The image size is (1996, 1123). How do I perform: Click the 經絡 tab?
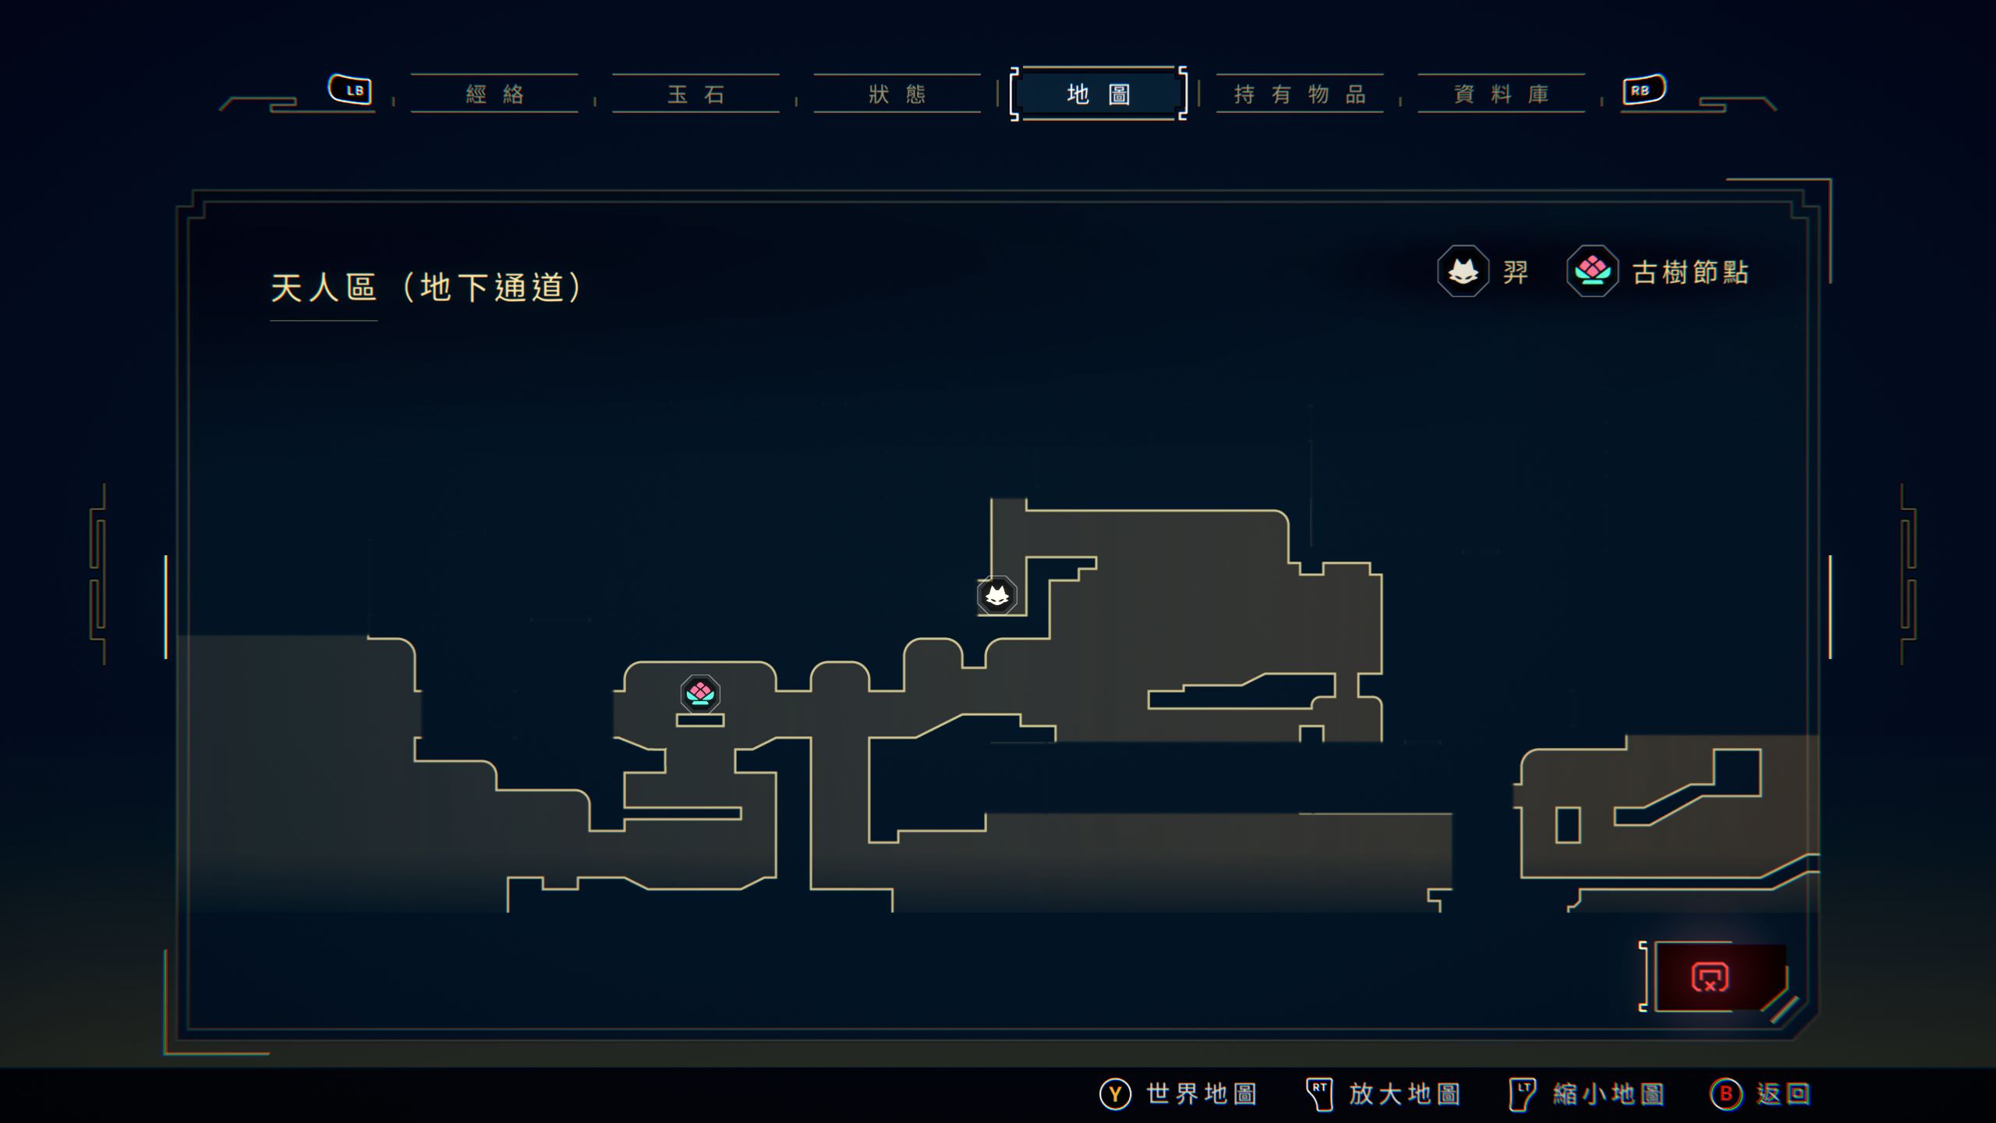[x=494, y=94]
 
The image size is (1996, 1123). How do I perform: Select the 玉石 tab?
[x=695, y=94]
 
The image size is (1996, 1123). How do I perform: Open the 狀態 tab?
[x=897, y=94]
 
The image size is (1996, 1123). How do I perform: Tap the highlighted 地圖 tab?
[x=1098, y=94]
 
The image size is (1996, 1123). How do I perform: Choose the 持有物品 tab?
[x=1300, y=94]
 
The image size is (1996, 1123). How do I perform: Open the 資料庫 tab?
[x=1501, y=94]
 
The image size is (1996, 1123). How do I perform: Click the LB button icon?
[x=350, y=90]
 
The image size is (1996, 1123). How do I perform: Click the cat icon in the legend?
[x=1463, y=271]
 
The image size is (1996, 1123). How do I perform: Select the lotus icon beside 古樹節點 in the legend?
[x=1592, y=271]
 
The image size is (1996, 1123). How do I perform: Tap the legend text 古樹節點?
[x=1690, y=272]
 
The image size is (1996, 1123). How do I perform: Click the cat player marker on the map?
[x=997, y=597]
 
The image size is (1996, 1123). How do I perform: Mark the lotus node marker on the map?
[x=700, y=693]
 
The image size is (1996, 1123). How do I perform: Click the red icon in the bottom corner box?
[x=1710, y=977]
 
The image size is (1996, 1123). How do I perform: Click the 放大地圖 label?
[x=1404, y=1094]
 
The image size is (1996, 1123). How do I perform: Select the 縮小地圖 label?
[x=1608, y=1094]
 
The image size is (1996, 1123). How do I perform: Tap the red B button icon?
[x=1725, y=1094]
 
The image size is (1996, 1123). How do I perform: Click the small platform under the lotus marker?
[x=700, y=721]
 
